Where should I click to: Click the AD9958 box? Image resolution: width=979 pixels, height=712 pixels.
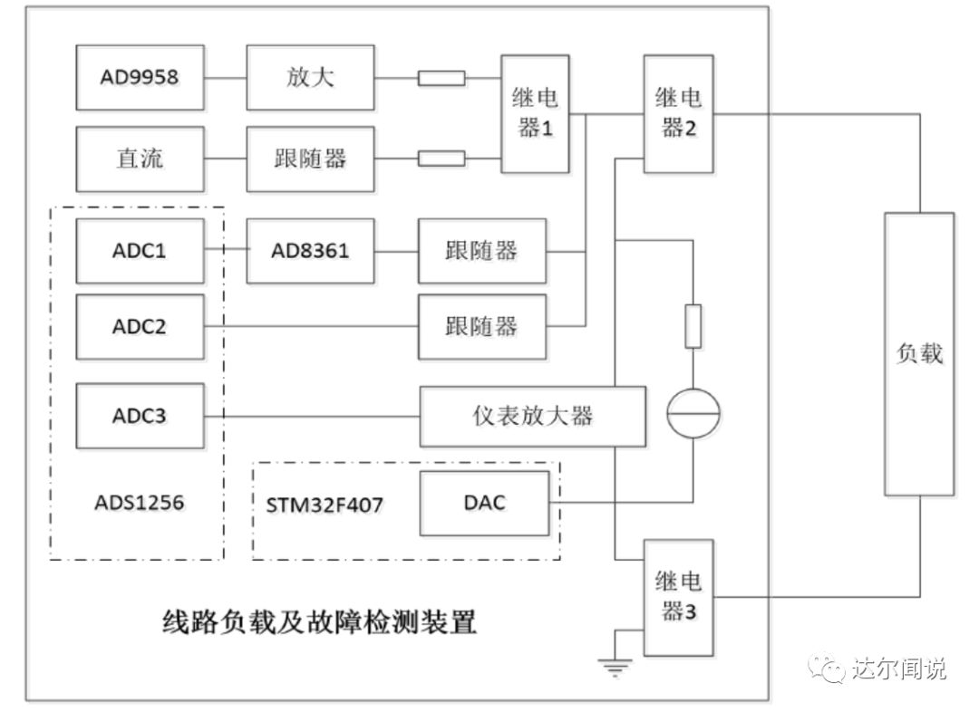tap(139, 77)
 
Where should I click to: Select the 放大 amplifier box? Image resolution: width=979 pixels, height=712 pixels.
tap(309, 77)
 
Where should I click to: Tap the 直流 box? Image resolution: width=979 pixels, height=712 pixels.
tap(139, 159)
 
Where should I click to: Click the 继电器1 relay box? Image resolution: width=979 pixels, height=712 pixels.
tap(535, 113)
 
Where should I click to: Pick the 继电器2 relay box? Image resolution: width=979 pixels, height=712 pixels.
tap(678, 113)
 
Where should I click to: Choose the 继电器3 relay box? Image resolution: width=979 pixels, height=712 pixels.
tap(678, 598)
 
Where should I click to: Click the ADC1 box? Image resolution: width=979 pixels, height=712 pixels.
tap(139, 250)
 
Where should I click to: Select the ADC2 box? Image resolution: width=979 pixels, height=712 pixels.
tap(139, 326)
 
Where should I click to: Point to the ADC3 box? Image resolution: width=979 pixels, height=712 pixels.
tap(139, 417)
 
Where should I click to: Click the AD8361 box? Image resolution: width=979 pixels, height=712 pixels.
tap(309, 250)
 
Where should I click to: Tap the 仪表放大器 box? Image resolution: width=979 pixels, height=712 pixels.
tap(532, 417)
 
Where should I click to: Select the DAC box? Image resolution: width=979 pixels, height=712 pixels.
tap(483, 503)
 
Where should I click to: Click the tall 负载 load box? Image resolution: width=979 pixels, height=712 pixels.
tap(919, 353)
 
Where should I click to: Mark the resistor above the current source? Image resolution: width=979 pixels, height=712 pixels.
tap(693, 326)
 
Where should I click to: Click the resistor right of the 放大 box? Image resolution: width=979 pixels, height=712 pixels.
tap(441, 78)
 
